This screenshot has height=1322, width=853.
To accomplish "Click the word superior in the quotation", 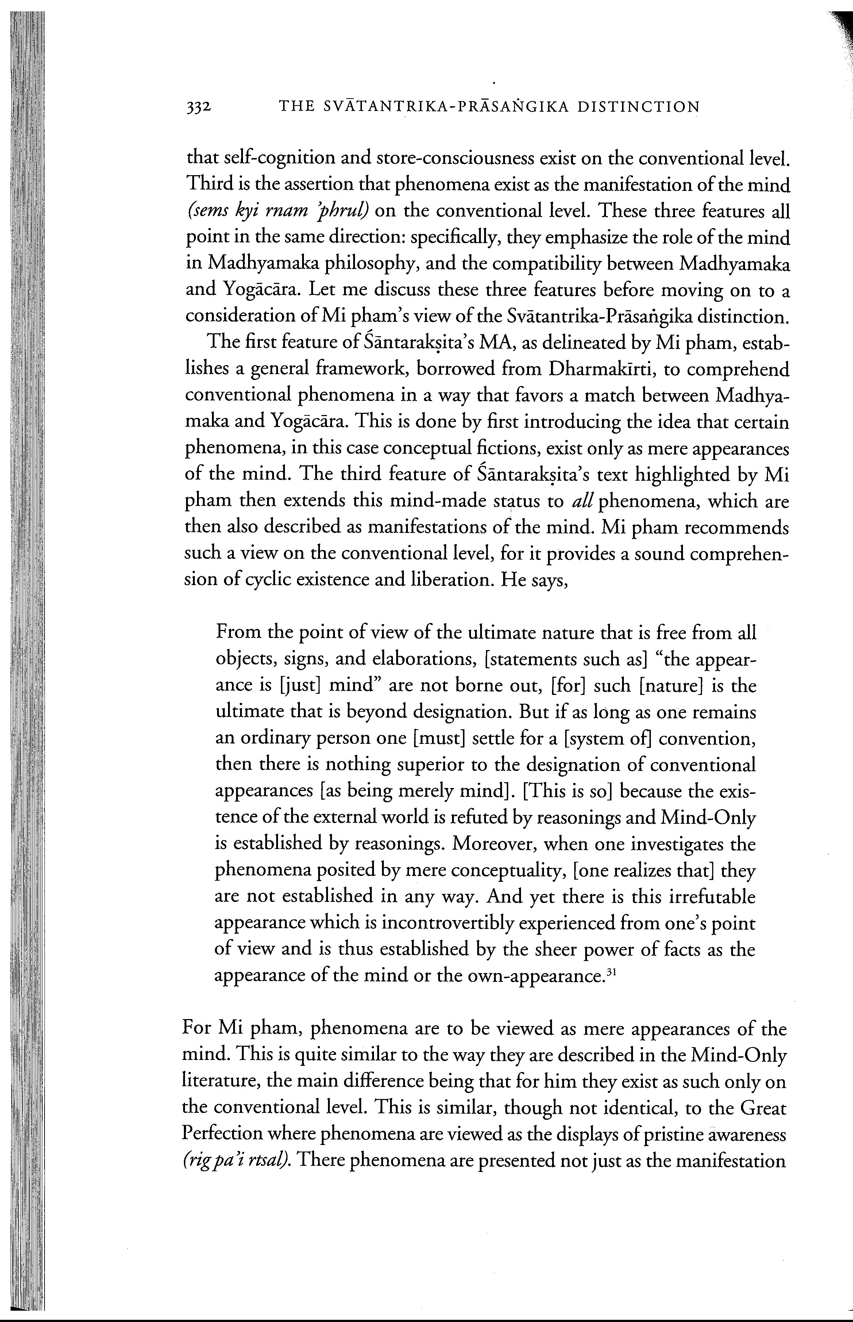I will coord(412,765).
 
